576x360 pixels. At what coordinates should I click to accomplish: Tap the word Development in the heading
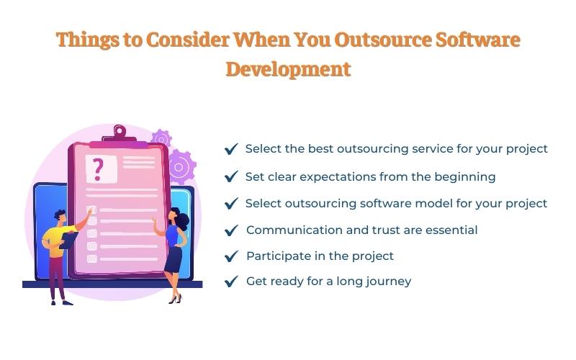click(x=289, y=70)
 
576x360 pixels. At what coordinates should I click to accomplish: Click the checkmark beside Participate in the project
click(x=231, y=256)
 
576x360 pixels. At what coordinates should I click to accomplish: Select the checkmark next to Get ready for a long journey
click(x=231, y=282)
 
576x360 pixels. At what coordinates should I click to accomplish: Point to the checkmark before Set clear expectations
click(x=231, y=176)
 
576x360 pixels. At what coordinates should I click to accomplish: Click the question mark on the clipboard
click(x=98, y=169)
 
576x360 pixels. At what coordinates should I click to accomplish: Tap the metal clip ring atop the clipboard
click(x=120, y=130)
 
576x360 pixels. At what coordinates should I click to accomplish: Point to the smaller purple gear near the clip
click(x=161, y=138)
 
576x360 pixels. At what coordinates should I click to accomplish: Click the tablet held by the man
click(x=68, y=240)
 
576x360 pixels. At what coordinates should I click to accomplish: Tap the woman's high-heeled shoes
click(x=175, y=299)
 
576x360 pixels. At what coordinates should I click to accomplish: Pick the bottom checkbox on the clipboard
click(x=92, y=258)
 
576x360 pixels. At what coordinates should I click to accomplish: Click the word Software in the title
click(x=478, y=40)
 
